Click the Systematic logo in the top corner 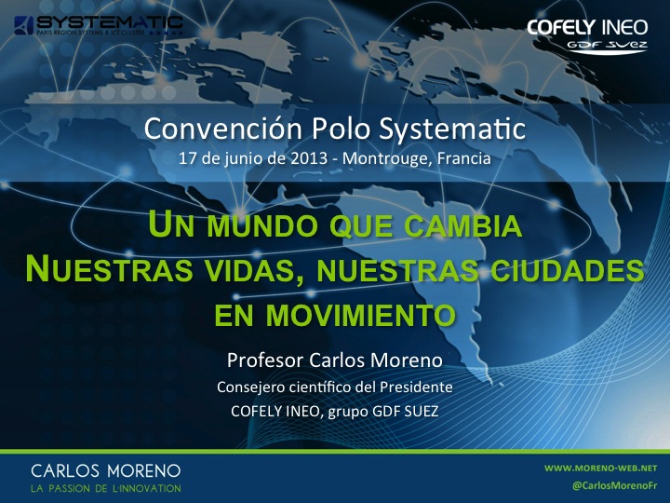99,25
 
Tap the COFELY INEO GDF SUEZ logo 587,36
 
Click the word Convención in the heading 223,129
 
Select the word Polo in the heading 341,129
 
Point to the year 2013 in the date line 309,158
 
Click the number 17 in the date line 188,158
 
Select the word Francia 464,158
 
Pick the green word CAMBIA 463,225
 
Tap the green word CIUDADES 567,270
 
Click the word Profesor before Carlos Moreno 265,360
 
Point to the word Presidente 416,387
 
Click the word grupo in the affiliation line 348,412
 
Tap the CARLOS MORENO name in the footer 106,471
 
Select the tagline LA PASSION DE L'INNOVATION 106,488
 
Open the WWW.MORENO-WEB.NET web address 601,469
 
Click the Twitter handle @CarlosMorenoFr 615,486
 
